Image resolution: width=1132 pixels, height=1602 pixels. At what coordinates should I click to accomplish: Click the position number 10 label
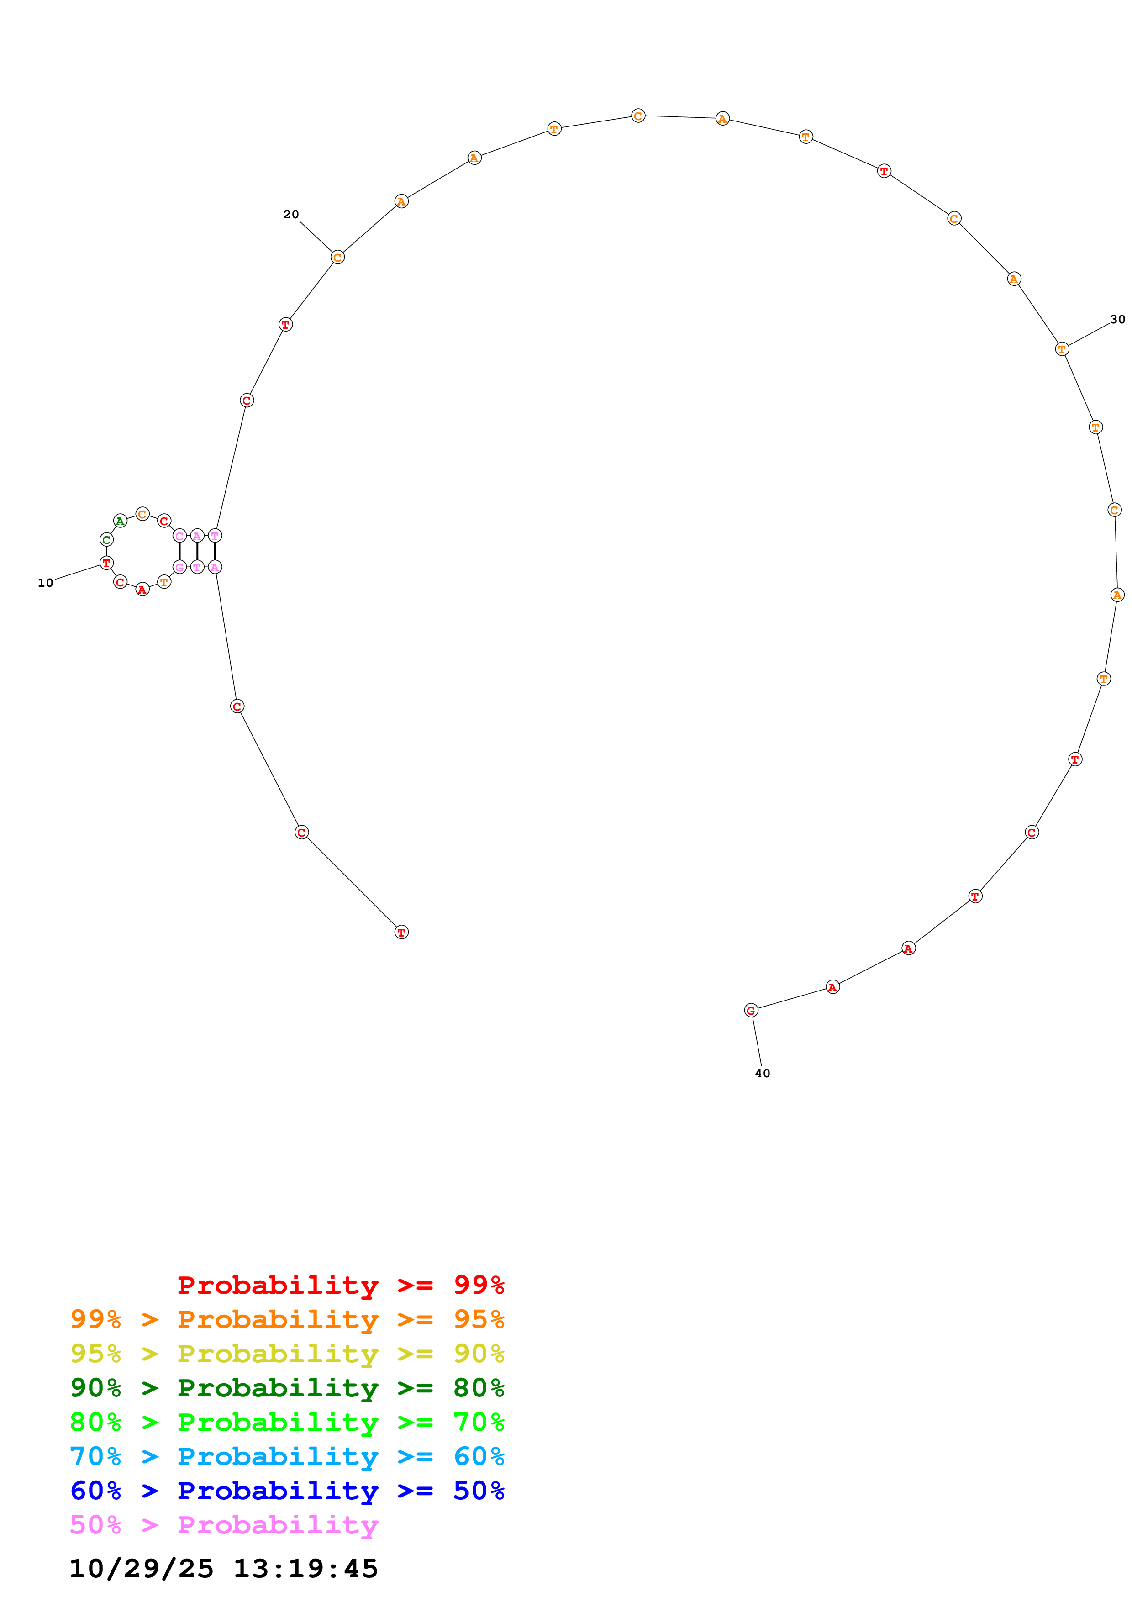[x=45, y=583]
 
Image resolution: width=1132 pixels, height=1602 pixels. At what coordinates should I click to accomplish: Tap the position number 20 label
[x=291, y=214]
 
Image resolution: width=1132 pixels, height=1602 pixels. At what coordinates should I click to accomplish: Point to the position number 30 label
[x=1117, y=320]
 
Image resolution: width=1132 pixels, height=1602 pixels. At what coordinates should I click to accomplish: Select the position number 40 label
[x=762, y=1073]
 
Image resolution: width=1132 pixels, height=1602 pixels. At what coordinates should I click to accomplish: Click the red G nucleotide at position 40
[x=751, y=1010]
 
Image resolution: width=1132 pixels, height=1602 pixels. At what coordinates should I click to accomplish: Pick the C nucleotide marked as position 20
[x=337, y=258]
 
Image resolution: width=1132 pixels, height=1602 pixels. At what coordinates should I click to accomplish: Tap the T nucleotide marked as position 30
[x=1062, y=349]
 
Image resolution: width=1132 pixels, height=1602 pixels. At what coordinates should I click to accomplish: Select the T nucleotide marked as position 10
[x=106, y=562]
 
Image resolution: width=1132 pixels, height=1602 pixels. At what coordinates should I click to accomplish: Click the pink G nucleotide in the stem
[x=179, y=567]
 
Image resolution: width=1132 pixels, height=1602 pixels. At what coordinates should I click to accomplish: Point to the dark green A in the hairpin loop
[x=120, y=521]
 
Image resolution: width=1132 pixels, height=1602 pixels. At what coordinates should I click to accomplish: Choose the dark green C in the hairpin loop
[x=106, y=539]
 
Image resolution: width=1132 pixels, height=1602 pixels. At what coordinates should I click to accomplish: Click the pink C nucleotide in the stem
[x=179, y=536]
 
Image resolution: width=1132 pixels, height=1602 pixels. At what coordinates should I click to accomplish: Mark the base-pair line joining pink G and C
[x=179, y=551]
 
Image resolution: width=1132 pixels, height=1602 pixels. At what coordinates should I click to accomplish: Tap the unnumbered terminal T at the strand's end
[x=401, y=932]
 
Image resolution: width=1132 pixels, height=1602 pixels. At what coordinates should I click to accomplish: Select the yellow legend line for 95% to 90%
[x=287, y=1354]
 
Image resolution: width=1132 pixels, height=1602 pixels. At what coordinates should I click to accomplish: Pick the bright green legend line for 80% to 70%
[x=287, y=1422]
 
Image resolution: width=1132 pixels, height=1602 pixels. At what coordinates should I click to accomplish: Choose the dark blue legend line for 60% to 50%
[x=287, y=1491]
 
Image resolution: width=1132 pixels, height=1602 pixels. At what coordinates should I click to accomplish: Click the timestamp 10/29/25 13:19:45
[x=223, y=1569]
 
